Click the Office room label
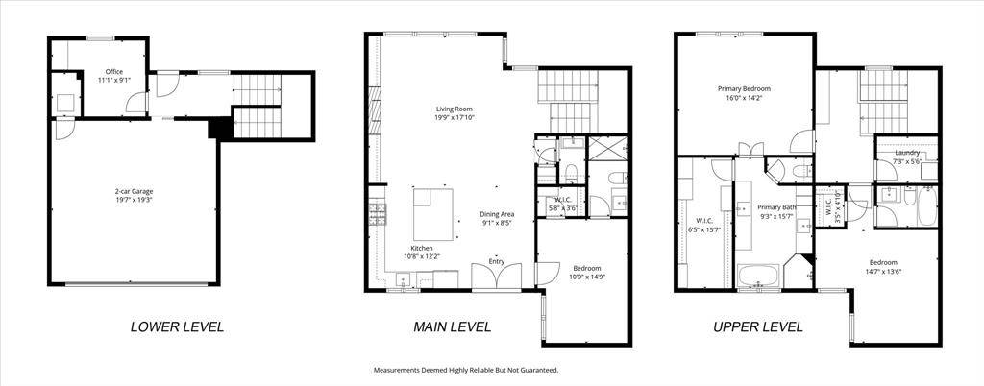coord(114,71)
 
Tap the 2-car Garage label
coord(134,192)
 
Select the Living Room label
coord(455,109)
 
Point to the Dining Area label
coord(498,214)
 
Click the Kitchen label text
coord(421,248)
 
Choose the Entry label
coord(497,261)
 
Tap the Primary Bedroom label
coord(744,89)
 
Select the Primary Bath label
coord(776,207)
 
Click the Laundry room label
coord(907,153)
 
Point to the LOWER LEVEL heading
coord(177,326)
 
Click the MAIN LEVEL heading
coord(452,326)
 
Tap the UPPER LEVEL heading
coord(757,326)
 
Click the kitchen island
coord(433,214)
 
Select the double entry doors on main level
coord(497,277)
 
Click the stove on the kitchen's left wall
coord(378,214)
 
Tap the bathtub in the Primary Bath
coord(759,276)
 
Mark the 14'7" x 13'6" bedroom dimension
coord(883,271)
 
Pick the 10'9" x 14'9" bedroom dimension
coord(587,277)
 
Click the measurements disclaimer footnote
coord(466,371)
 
